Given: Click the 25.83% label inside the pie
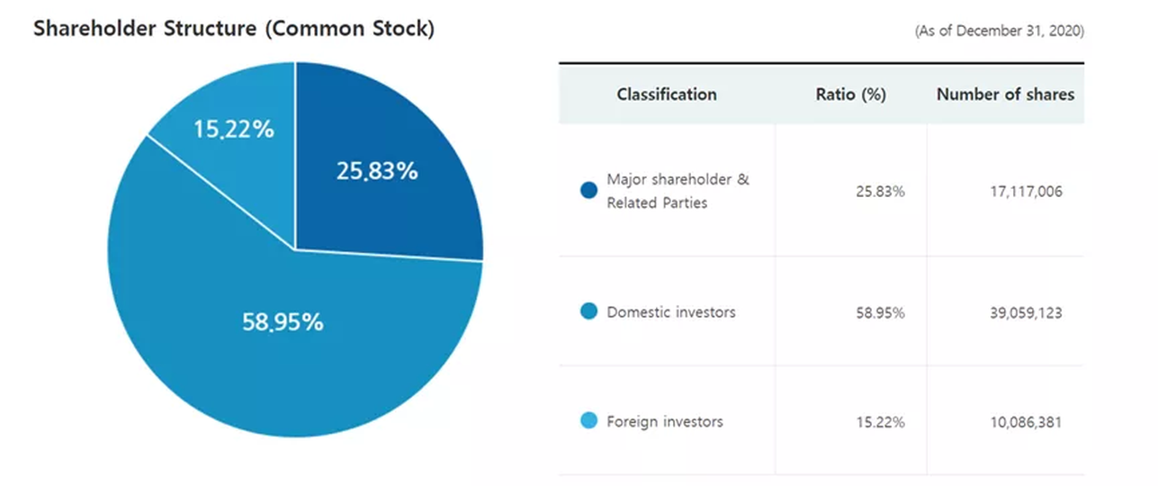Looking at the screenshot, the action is tap(377, 171).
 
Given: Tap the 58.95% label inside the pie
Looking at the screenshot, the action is tap(283, 321).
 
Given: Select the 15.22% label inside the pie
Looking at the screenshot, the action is tap(234, 129).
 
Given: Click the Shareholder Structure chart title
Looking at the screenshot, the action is tap(234, 29).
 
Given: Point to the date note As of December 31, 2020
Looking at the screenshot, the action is tap(1000, 31).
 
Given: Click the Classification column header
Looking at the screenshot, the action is tap(667, 94).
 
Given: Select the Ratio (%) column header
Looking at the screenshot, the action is tap(850, 94).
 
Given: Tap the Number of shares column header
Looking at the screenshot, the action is tap(1005, 94).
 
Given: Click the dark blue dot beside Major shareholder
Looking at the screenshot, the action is tap(588, 190).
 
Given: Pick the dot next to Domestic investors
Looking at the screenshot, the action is tap(588, 311).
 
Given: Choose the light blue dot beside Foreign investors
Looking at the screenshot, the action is tap(588, 420).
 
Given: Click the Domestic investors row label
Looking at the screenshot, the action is tap(671, 312).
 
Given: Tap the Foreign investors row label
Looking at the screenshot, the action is tap(665, 421).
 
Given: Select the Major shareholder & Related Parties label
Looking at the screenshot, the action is tap(678, 191).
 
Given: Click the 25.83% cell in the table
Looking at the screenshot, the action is tap(880, 192).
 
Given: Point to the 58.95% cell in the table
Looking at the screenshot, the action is tap(880, 313).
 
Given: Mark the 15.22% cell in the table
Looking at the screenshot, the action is tap(880, 422).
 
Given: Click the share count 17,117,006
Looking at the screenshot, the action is tap(1026, 192).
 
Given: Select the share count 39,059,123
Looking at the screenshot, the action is tap(1026, 313).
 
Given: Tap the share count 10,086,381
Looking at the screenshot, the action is tap(1026, 422).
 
